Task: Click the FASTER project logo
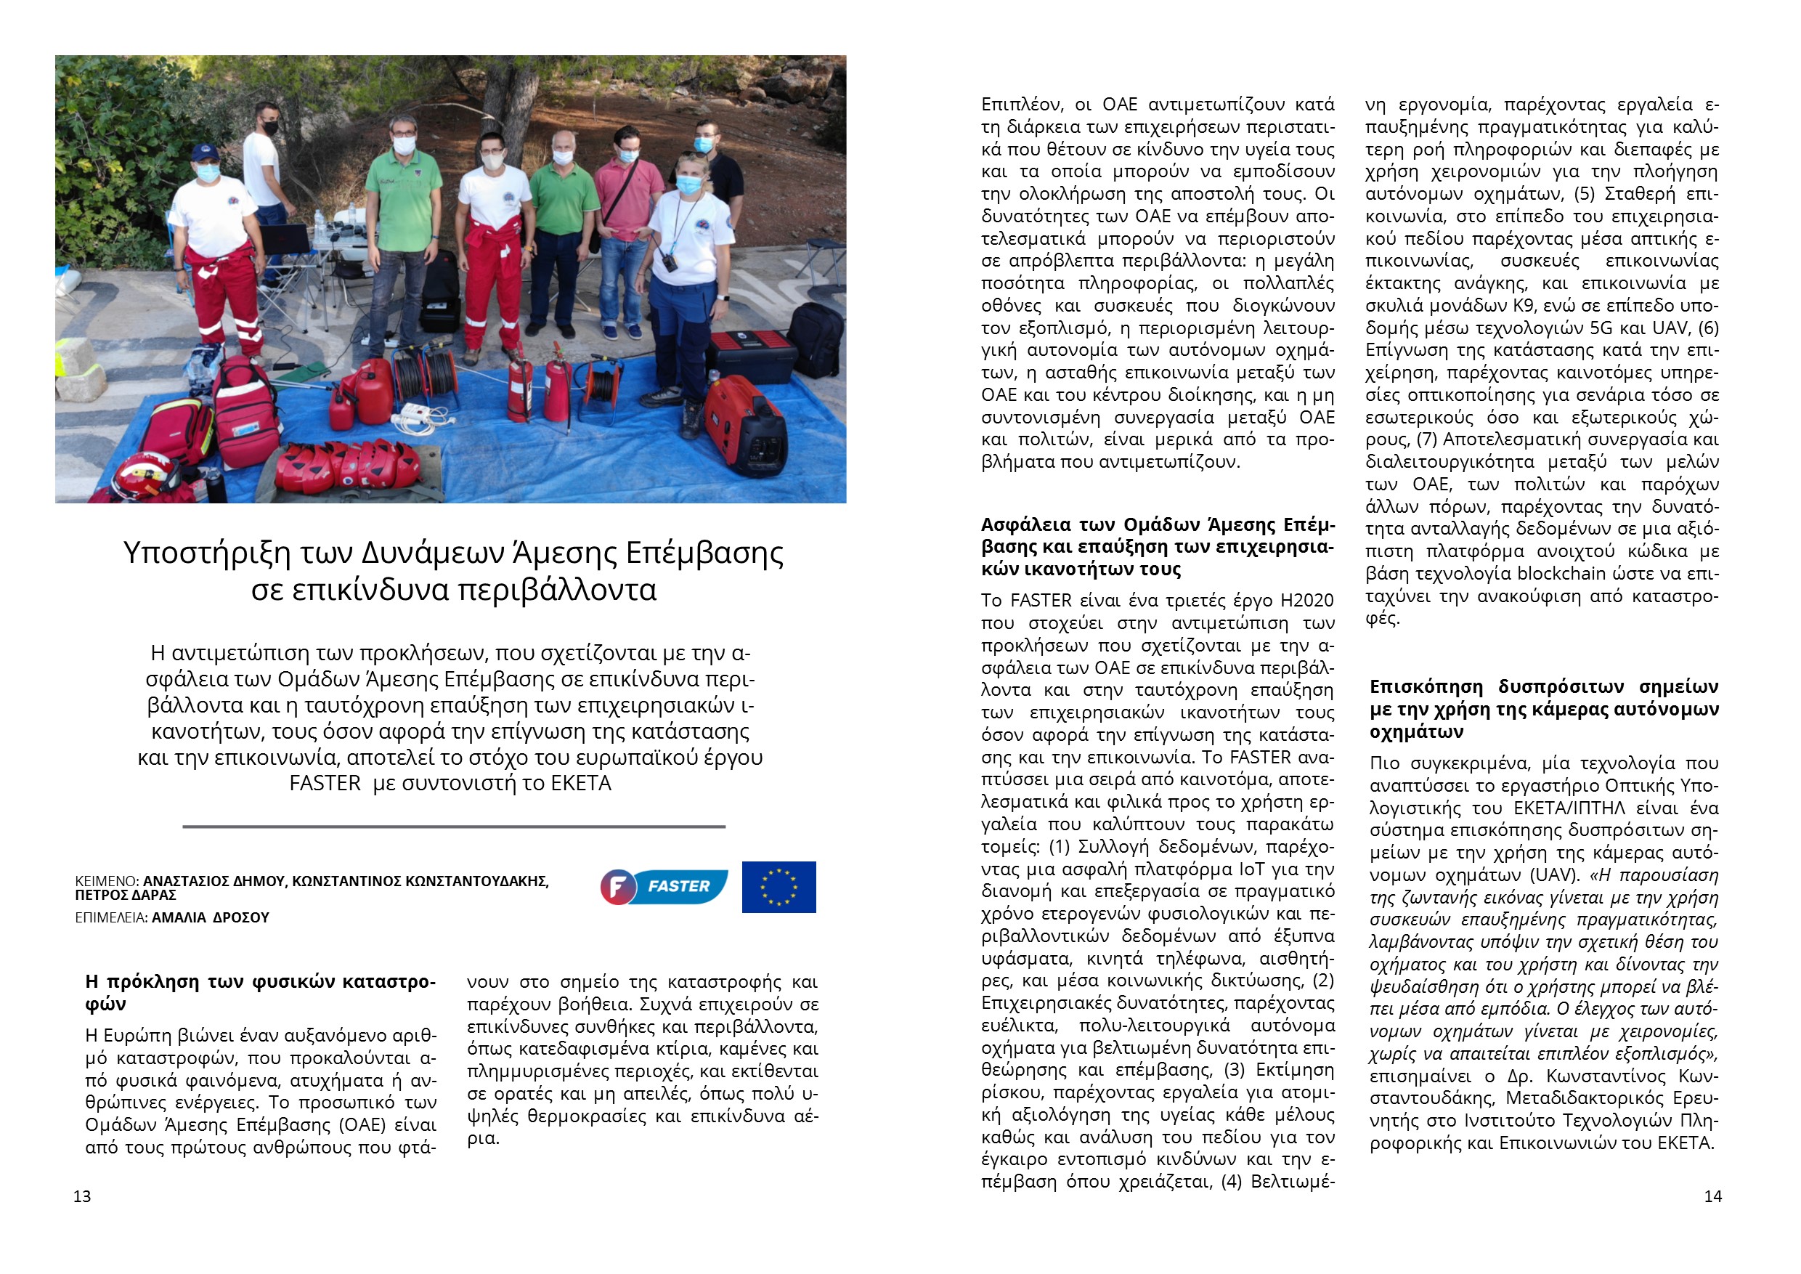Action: point(664,886)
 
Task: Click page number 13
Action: point(81,1196)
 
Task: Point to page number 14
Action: point(1712,1196)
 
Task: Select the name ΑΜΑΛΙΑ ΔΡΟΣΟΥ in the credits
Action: point(210,918)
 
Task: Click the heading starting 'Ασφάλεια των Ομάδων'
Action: point(1157,547)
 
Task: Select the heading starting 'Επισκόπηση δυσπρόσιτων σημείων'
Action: point(1543,709)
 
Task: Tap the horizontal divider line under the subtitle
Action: point(453,826)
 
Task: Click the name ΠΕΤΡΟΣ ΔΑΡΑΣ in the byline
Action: point(126,896)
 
